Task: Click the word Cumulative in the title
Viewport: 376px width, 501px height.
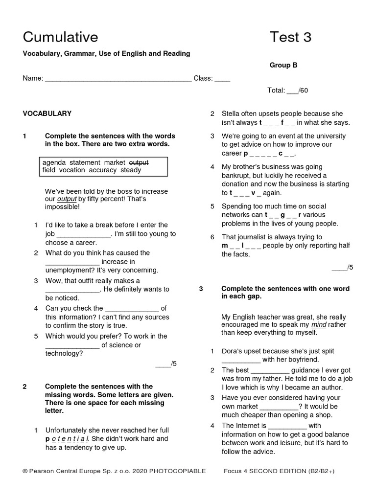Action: pos(60,37)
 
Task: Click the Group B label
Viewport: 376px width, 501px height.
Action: pos(283,65)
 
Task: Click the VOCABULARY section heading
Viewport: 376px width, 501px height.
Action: pos(47,114)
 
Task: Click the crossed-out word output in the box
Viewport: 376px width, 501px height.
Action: pos(139,162)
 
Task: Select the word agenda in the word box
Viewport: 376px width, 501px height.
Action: pos(54,162)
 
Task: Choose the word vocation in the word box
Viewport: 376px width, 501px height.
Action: pos(72,170)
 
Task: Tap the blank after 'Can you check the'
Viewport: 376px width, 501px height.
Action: pos(132,309)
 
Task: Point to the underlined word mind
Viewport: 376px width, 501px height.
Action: pos(319,324)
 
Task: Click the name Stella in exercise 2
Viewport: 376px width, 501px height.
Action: pos(233,114)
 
